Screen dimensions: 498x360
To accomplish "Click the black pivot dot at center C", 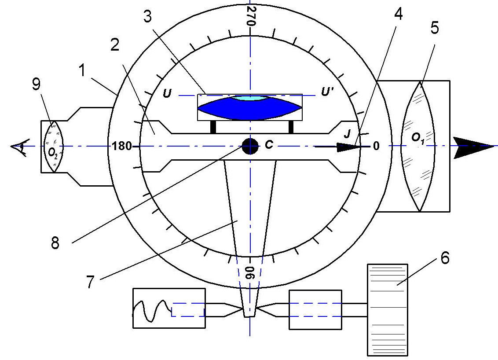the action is pyautogui.click(x=250, y=146).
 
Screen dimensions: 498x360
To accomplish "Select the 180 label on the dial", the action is pyautogui.click(x=121, y=146).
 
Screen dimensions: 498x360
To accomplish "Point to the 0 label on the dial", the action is pyautogui.click(x=376, y=146).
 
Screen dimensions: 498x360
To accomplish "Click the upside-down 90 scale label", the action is pyautogui.click(x=250, y=272).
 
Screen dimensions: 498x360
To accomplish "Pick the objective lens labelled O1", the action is pyautogui.click(x=418, y=147).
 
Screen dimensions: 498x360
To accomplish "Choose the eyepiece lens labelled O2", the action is pyautogui.click(x=53, y=147).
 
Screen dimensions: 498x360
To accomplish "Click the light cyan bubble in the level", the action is pyautogui.click(x=250, y=98).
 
